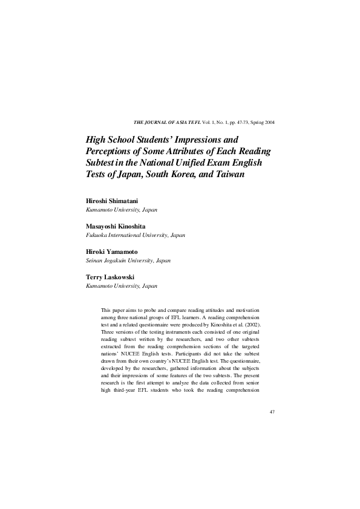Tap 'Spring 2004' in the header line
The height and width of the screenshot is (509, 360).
coord(263,123)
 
